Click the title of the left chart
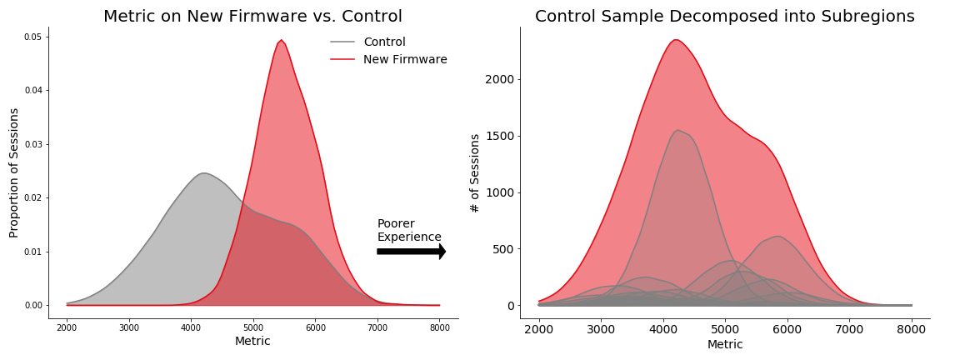tap(252, 17)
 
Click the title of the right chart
tap(724, 17)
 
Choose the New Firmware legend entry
tap(405, 60)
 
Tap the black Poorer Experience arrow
tap(411, 251)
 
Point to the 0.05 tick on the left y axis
tap(33, 37)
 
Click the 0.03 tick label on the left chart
tap(33, 144)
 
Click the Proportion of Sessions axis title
tap(14, 172)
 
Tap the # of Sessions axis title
tap(475, 172)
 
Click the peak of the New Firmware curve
tap(282, 40)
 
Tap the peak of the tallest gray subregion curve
tap(678, 130)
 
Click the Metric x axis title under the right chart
tap(725, 344)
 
